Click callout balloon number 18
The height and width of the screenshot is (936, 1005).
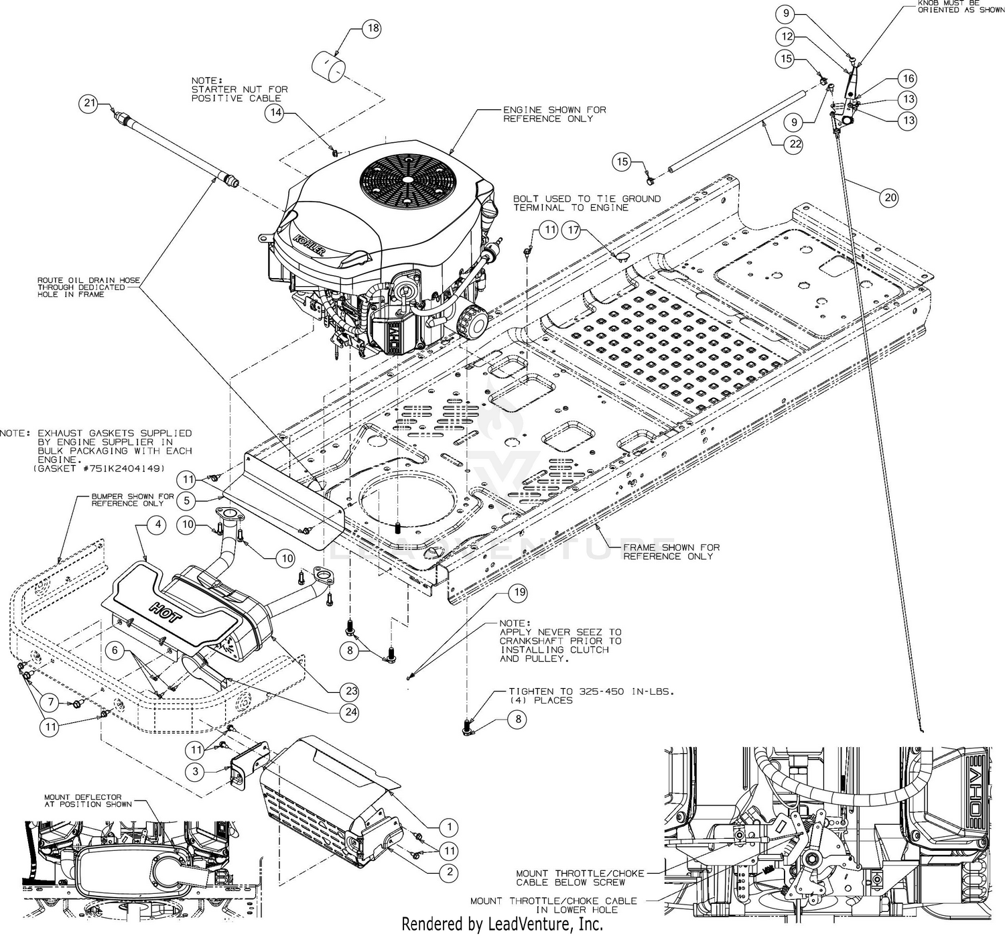tap(373, 28)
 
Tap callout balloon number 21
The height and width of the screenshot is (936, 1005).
tap(89, 103)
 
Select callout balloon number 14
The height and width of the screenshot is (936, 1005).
tap(275, 112)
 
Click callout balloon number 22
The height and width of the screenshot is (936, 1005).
tap(795, 144)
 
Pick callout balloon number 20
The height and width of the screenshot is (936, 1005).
tap(890, 198)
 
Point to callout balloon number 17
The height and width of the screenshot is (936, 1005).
tap(573, 230)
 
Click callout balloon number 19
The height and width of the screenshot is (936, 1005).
tap(519, 593)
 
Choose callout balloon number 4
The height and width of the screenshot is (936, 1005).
tap(157, 525)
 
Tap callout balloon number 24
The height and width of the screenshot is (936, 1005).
tap(350, 712)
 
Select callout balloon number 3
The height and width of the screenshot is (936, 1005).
tap(196, 772)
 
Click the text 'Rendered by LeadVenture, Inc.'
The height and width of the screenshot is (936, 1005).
tap(502, 925)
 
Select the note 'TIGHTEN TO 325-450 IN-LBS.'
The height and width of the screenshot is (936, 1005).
tap(591, 691)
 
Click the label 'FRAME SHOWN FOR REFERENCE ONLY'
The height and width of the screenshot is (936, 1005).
tap(671, 552)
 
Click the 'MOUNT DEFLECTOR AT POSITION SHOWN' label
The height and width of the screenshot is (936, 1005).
tap(88, 801)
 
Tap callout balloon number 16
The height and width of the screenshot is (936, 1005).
tap(909, 78)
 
